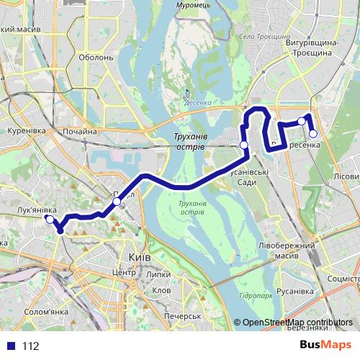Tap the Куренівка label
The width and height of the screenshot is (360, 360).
point(26,131)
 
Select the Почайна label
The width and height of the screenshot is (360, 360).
point(80,131)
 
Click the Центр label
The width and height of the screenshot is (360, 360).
point(124,274)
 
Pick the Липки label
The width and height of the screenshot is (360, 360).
point(158,274)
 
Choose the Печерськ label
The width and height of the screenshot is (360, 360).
point(181,316)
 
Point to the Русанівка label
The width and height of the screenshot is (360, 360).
point(297,291)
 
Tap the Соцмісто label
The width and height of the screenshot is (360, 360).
point(343,277)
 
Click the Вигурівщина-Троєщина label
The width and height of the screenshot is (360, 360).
point(311,48)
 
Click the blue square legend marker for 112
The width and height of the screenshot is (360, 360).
point(11,346)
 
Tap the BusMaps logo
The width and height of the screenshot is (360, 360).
point(325,346)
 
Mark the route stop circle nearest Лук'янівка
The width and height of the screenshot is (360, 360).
point(50,220)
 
